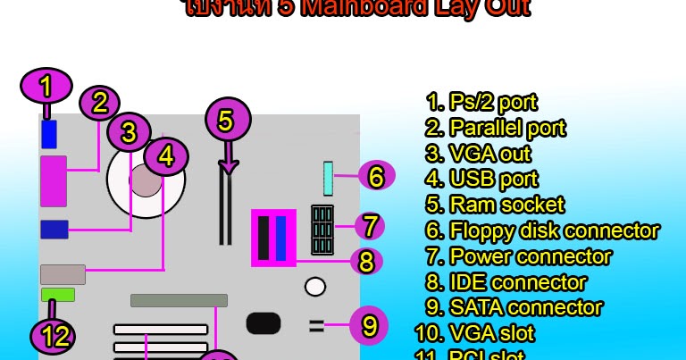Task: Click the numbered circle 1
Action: tap(46, 87)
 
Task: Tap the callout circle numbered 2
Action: tap(99, 102)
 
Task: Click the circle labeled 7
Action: tap(370, 225)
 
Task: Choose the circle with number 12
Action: tap(54, 337)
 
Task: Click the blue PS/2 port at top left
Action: tap(48, 134)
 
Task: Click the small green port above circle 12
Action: tap(57, 295)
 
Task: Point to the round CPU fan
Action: tap(146, 180)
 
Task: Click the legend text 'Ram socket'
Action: tap(496, 205)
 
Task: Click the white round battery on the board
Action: tap(314, 287)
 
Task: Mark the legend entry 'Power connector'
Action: tap(519, 256)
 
